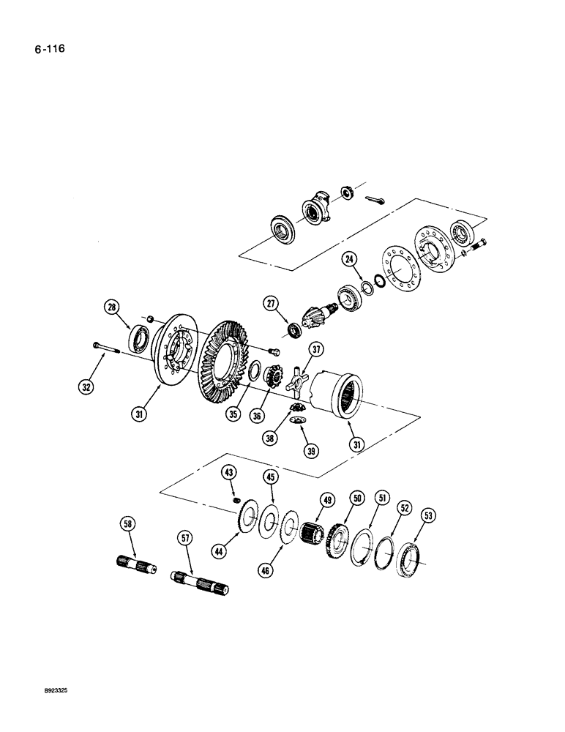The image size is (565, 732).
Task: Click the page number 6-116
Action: click(42, 51)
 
